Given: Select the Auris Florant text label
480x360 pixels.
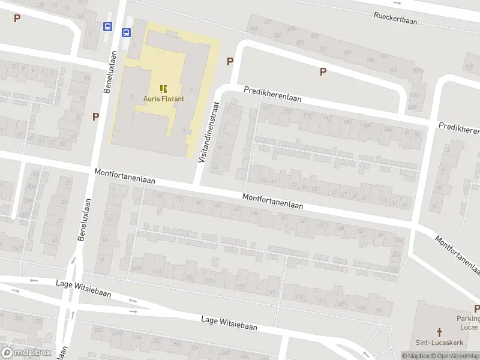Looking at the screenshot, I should [163, 99].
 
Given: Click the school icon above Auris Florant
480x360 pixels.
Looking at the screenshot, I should [163, 88].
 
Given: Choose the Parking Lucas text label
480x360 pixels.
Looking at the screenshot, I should [468, 323].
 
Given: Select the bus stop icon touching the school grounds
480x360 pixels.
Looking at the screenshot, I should [127, 33].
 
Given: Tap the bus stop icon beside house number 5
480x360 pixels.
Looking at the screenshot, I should [107, 27].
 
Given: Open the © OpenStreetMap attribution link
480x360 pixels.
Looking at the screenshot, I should [457, 356].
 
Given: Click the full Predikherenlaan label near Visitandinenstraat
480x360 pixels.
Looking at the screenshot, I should [272, 94].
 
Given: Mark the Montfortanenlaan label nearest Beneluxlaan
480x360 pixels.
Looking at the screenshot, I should [125, 176].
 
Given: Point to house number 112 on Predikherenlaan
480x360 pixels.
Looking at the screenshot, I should [327, 119].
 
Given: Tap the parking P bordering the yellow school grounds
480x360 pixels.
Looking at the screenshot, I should [230, 62].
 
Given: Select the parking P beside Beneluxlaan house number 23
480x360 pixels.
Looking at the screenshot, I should [95, 116].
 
